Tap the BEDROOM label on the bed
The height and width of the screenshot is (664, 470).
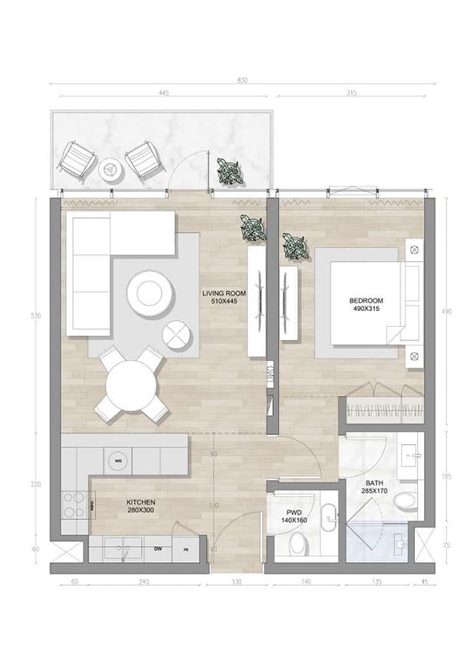point(366,305)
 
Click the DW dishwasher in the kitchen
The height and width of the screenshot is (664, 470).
point(157,548)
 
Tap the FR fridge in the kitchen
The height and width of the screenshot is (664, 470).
point(185,549)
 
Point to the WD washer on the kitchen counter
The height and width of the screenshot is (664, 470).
point(118,462)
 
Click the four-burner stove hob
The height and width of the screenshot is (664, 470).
point(74,505)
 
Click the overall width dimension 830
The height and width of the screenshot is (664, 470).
point(242,80)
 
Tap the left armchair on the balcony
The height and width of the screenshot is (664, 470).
point(79,160)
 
